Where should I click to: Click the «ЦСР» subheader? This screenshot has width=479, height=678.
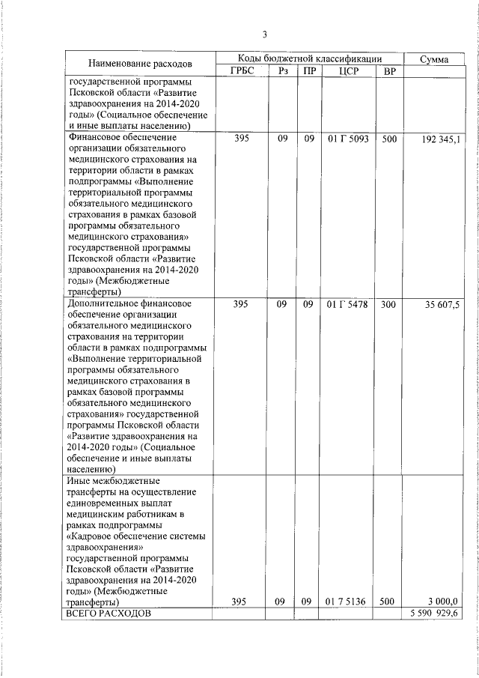click(x=347, y=71)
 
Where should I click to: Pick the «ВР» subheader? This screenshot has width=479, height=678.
click(x=388, y=71)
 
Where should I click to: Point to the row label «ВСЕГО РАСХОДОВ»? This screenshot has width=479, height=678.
click(x=109, y=613)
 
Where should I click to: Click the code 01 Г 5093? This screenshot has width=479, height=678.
click(x=347, y=139)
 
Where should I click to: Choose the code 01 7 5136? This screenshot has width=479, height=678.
click(x=347, y=601)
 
